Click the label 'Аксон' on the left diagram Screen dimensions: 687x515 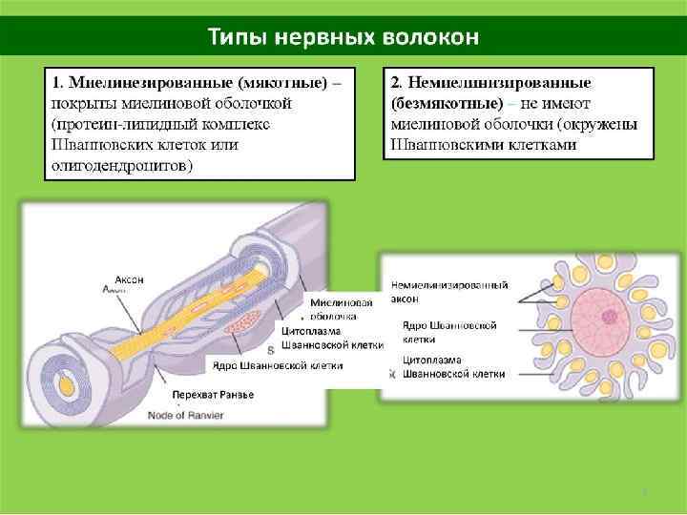pos(130,279)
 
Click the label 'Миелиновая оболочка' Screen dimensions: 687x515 pos(335,309)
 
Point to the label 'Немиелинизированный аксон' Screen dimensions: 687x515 pos(448,292)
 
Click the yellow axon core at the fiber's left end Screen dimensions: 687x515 pos(66,384)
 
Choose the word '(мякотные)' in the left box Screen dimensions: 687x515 pos(281,82)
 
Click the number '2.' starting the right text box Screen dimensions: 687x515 pos(397,83)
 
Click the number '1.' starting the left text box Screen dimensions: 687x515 pos(58,82)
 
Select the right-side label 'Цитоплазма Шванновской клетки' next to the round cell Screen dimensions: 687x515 pos(454,367)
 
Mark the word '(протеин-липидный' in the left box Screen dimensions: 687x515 pos(113,124)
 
